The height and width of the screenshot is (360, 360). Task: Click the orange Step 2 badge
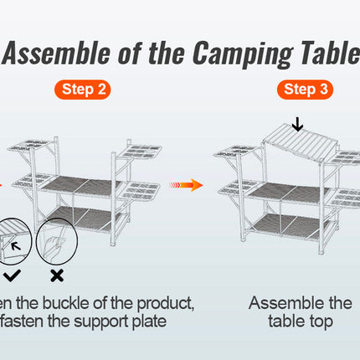pos(86,90)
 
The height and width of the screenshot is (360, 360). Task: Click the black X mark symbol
pos(58,275)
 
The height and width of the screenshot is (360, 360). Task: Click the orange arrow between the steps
pos(186,184)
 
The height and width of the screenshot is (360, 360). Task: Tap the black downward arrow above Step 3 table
pos(297,125)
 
